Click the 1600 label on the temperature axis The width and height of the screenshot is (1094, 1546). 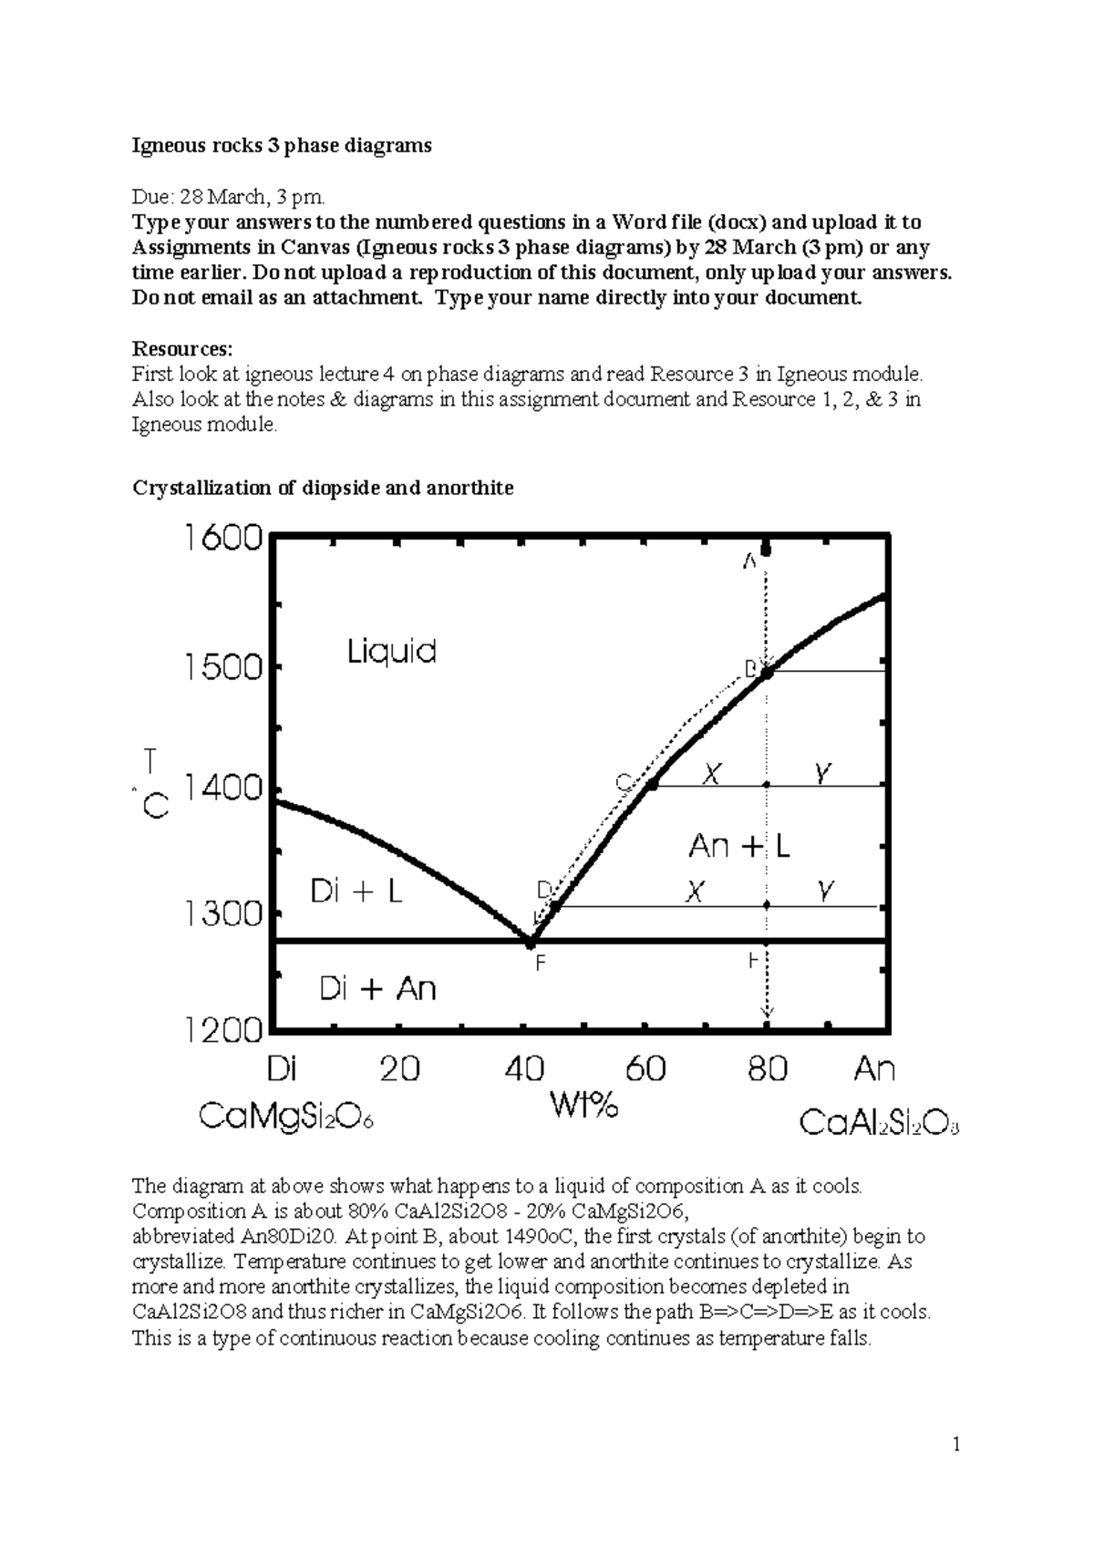click(223, 539)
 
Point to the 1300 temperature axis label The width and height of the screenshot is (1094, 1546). click(223, 913)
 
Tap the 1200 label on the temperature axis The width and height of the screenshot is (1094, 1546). click(223, 1031)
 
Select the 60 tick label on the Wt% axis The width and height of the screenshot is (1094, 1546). click(645, 1068)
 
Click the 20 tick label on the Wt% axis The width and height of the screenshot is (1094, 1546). click(399, 1068)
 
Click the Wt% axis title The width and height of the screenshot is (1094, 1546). click(583, 1106)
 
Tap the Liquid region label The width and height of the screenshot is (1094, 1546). click(392, 652)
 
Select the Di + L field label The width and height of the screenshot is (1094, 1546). click(356, 892)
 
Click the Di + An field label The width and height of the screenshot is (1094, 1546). click(377, 989)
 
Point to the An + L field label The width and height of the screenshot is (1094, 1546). click(738, 847)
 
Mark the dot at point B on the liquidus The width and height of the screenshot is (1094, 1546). click(768, 673)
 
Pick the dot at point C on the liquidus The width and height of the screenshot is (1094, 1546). click(652, 784)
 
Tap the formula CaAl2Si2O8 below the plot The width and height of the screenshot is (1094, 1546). click(879, 1123)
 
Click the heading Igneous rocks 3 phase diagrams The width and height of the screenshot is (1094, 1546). click(282, 146)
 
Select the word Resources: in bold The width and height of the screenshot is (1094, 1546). click(182, 349)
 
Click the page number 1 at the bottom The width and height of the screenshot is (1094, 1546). click(956, 1444)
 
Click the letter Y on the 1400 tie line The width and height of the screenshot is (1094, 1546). click(822, 774)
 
